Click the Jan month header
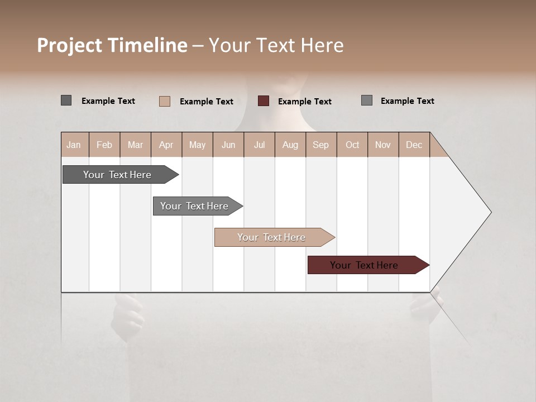point(74,145)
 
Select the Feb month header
point(104,145)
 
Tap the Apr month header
point(166,145)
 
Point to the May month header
point(197,145)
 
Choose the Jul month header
point(259,145)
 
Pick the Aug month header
point(290,145)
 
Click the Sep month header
point(320,145)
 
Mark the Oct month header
point(352,145)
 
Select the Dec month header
point(414,145)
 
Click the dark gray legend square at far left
point(66,100)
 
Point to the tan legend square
point(165,101)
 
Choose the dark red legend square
point(264,101)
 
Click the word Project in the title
point(69,45)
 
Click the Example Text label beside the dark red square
point(304,102)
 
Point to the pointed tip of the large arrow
point(490,212)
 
